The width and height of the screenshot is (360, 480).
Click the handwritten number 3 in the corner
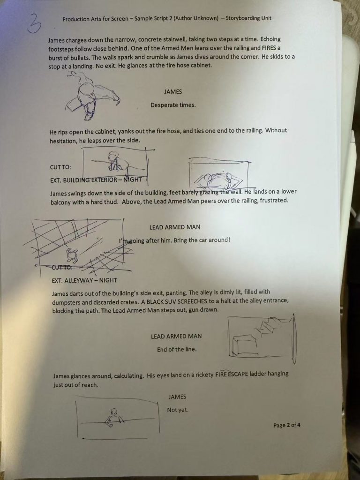(x=34, y=24)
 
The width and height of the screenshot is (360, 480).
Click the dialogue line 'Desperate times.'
(x=173, y=105)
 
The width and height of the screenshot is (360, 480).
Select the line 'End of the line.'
(x=177, y=349)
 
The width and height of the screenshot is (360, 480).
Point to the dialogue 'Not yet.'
(x=178, y=410)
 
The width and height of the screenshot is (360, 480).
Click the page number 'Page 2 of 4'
(x=287, y=425)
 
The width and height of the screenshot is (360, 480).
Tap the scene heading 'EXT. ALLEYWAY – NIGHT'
(x=84, y=280)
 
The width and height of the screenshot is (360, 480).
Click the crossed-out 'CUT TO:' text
(x=62, y=267)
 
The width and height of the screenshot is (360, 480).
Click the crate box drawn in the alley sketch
(x=245, y=345)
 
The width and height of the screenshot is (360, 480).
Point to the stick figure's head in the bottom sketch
(x=114, y=412)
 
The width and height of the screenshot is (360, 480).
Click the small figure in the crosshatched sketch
(x=72, y=254)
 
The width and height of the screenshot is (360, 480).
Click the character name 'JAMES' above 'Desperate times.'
(x=173, y=91)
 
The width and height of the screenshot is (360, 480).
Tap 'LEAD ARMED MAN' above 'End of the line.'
(x=176, y=336)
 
